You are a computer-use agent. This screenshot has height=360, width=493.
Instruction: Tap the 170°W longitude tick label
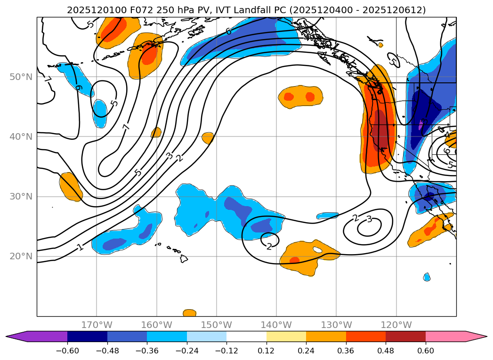point(97,325)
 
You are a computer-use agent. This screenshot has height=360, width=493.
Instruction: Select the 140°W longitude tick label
point(276,325)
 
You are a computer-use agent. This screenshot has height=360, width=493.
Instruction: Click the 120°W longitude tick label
point(396,325)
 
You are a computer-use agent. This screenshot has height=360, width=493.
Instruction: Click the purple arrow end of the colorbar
point(19,336)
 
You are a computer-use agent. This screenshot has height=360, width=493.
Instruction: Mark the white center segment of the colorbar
point(246,336)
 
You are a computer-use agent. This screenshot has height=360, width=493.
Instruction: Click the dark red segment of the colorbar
point(405,336)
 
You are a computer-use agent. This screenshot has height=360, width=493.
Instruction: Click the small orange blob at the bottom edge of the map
point(189,313)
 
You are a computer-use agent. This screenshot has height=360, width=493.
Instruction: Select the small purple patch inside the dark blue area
point(421,125)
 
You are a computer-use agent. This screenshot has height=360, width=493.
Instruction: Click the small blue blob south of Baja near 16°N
point(427,277)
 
